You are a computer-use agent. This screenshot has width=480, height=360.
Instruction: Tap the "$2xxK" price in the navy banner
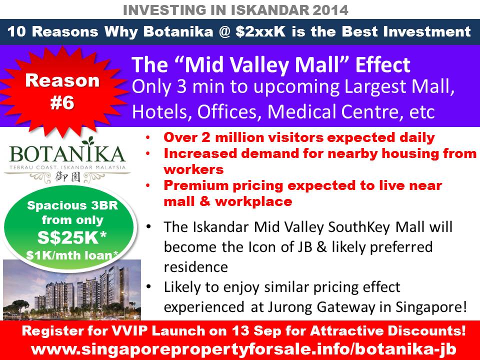[260, 31]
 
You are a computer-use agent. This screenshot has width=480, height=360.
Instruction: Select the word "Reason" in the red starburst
[62, 80]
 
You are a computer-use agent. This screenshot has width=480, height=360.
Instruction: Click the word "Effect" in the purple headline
[382, 64]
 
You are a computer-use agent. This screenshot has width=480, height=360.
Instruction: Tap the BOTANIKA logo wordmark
[67, 154]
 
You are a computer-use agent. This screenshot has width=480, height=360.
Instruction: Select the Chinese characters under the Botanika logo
[68, 177]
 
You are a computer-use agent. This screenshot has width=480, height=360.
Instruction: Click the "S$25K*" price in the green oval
[72, 237]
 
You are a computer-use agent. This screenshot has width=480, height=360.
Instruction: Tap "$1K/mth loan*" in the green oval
[72, 254]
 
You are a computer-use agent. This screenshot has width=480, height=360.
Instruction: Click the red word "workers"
[194, 169]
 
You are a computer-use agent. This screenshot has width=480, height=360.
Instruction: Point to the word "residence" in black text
[196, 267]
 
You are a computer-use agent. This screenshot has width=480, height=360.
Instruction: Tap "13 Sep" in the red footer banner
[252, 331]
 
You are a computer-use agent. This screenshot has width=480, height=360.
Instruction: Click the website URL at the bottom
[243, 349]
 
